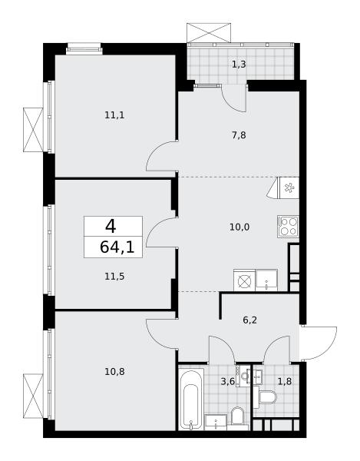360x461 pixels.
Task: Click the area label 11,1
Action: pos(114,115)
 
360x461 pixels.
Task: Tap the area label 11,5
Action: pos(114,277)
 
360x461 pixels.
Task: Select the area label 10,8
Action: pos(114,372)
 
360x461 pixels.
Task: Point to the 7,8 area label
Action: pos(239,135)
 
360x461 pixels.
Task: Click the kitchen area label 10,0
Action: pos(239,227)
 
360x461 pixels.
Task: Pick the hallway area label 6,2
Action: pos(250,320)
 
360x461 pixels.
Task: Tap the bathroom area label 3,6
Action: pos(228,381)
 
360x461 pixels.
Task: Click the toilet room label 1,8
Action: pos(285,381)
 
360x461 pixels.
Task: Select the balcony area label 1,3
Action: pos(239,64)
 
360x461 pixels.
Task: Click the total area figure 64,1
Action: pos(117,247)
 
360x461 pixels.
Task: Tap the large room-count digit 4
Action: pos(111,227)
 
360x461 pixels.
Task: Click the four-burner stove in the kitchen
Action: pos(288,227)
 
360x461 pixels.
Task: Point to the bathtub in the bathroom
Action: pos(191,399)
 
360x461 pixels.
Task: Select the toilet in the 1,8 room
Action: pos(268,397)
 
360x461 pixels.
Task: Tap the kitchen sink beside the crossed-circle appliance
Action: pos(266,280)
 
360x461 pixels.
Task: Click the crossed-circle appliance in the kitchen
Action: pos(244,280)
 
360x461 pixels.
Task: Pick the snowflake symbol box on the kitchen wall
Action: pos(289,187)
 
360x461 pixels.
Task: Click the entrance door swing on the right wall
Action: pos(319,343)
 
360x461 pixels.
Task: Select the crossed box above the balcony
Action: pos(209,32)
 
